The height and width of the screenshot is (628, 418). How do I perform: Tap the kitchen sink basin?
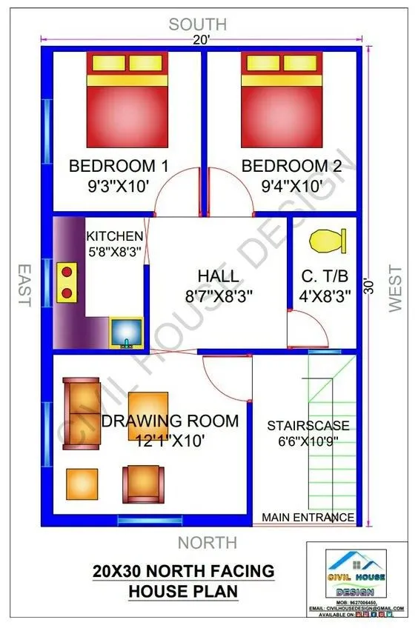click(x=127, y=333)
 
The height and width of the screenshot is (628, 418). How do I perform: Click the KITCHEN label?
click(x=114, y=235)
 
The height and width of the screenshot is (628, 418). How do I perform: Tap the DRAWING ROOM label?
click(x=170, y=421)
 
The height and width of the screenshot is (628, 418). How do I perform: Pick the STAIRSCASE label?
click(x=308, y=426)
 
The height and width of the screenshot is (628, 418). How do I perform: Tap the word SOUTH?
click(x=197, y=24)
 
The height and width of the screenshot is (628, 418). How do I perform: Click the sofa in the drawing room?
click(x=80, y=412)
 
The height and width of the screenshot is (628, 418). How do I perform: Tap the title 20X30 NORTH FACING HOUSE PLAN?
click(x=183, y=581)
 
